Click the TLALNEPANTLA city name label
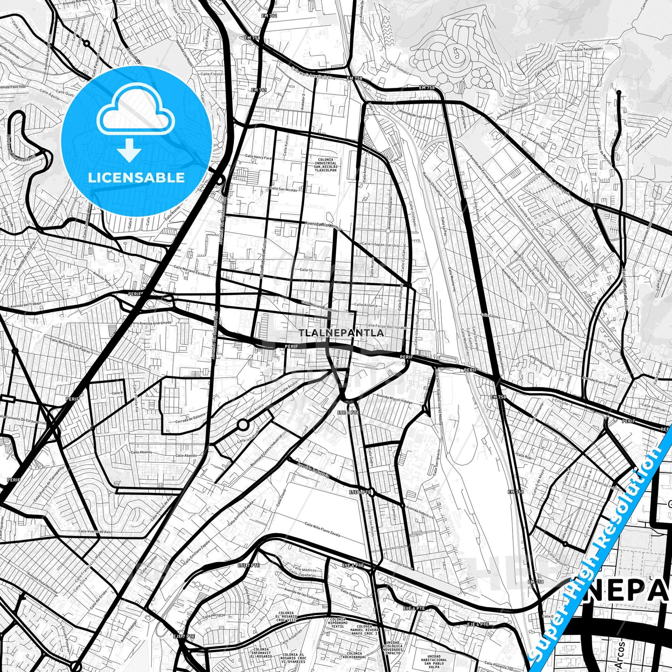[342, 333]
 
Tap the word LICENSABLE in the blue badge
[136, 177]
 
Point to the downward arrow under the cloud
[129, 151]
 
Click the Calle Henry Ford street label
[258, 158]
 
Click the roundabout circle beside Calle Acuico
[243, 424]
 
